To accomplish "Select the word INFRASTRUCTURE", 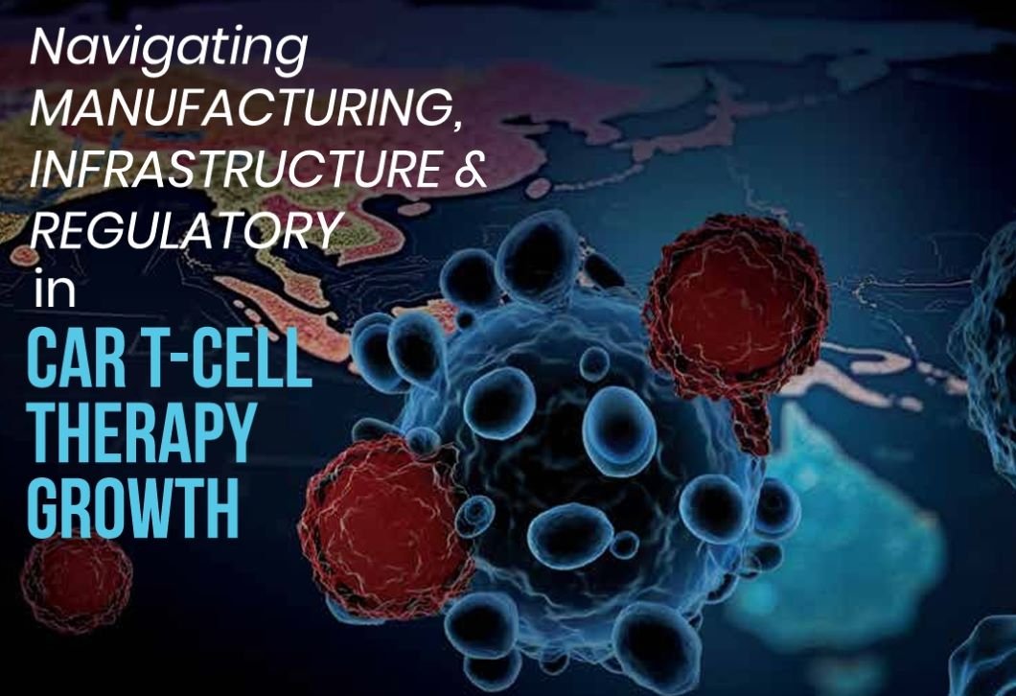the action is (x=235, y=168).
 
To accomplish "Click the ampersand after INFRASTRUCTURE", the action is (x=470, y=168).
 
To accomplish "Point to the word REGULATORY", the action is (x=186, y=230).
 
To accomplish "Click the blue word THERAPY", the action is (x=140, y=432).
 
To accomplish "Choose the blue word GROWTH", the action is (x=133, y=507).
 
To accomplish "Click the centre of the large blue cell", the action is (x=577, y=453).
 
